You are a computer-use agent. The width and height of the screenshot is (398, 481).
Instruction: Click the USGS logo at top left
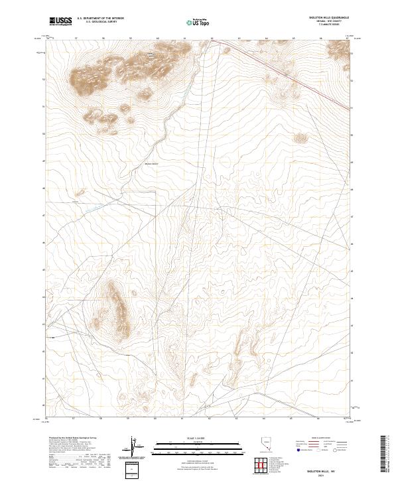tap(61, 21)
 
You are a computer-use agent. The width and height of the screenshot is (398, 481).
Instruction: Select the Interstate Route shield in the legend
tap(298, 450)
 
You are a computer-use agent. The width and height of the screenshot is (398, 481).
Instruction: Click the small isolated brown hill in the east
tap(302, 138)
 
